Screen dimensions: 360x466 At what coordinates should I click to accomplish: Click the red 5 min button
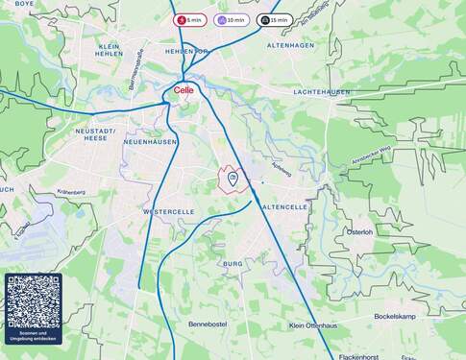[189, 19]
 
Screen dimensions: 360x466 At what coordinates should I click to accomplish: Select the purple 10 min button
[232, 19]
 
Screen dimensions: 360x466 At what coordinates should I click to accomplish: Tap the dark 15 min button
[275, 19]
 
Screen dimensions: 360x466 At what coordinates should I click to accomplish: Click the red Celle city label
[184, 90]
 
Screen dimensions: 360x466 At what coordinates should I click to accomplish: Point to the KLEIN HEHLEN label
[110, 50]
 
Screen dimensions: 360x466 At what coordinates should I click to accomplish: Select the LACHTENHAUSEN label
[321, 92]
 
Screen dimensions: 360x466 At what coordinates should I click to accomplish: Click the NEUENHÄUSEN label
[151, 141]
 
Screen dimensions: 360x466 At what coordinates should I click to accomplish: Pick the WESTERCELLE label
[168, 211]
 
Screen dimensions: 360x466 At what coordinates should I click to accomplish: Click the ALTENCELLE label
[284, 206]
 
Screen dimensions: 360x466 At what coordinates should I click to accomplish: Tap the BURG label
[232, 263]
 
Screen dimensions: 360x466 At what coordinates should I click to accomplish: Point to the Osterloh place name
[359, 231]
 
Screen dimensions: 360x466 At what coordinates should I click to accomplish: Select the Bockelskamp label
[394, 316]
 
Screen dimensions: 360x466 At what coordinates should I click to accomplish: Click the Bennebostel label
[206, 324]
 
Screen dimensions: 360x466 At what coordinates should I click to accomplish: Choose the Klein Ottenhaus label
[312, 324]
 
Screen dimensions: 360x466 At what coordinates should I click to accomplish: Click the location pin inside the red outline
[233, 178]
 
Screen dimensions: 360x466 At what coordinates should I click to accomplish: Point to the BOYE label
[24, 4]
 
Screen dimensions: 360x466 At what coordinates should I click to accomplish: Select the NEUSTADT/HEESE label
[95, 133]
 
